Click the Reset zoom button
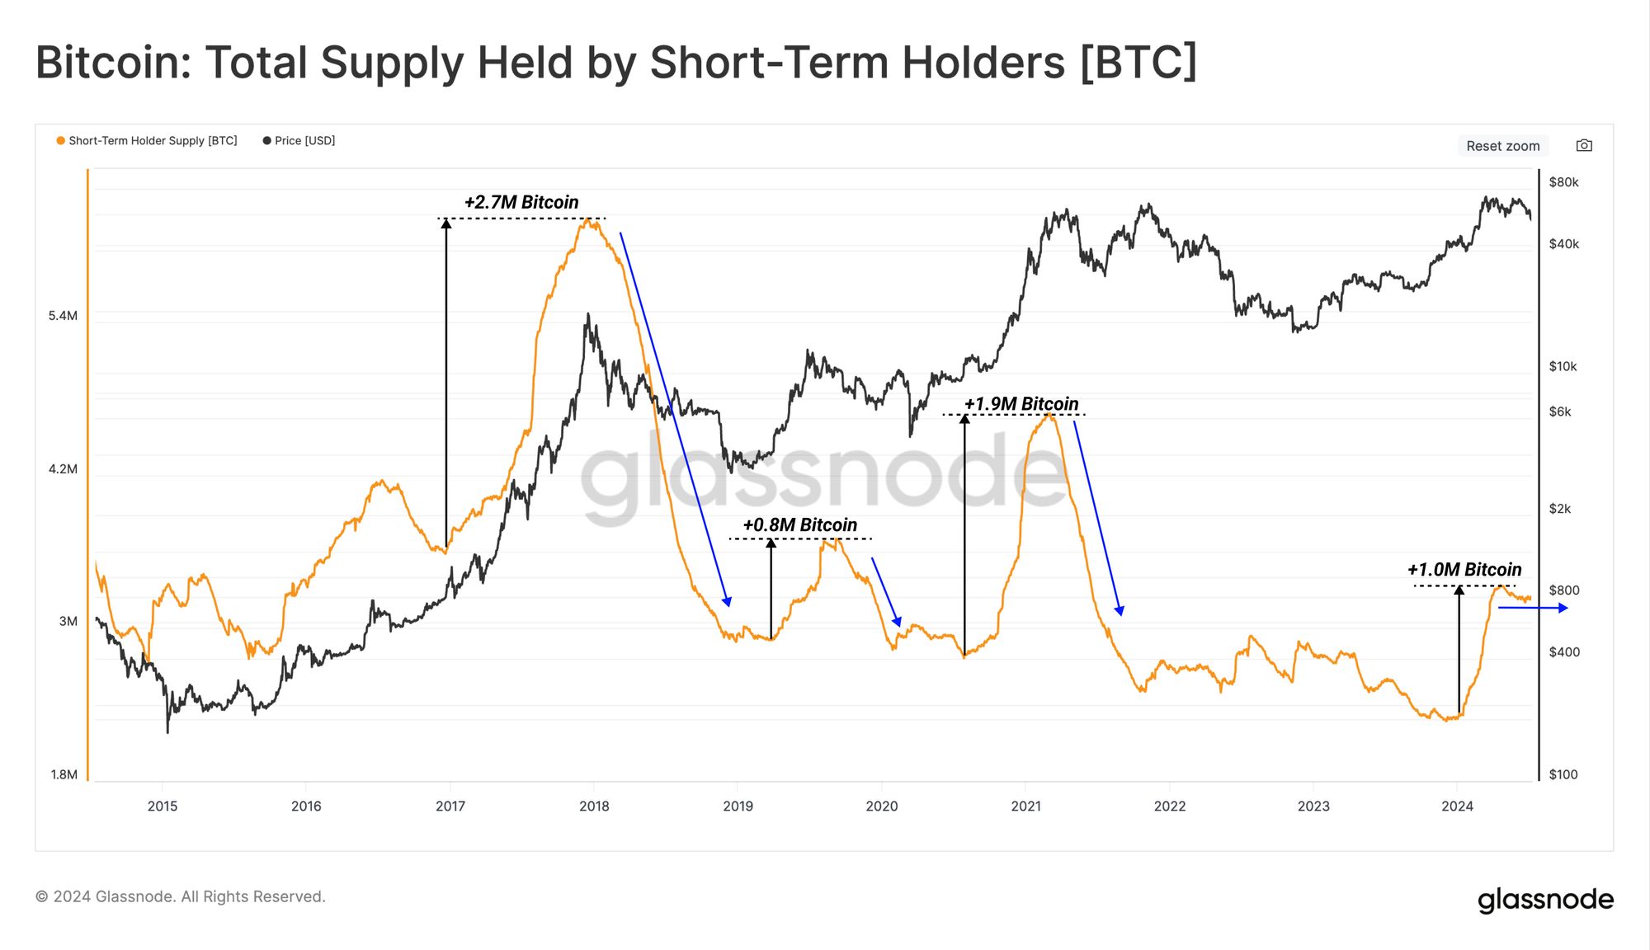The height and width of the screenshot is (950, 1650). [x=1502, y=146]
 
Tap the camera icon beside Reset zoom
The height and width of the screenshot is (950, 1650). [x=1584, y=145]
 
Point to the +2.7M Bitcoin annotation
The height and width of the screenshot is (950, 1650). [x=521, y=202]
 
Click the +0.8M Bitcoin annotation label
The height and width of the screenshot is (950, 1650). [x=799, y=525]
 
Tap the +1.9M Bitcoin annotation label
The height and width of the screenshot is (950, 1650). [x=1021, y=404]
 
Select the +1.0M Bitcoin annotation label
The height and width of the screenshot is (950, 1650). [x=1464, y=570]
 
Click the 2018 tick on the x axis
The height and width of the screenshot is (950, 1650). [x=594, y=806]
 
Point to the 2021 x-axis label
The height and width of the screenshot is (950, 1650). [x=1025, y=806]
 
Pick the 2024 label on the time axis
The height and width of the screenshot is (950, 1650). [x=1457, y=806]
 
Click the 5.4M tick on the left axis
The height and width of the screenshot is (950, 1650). [x=63, y=316]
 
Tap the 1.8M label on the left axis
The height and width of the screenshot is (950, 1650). [x=64, y=774]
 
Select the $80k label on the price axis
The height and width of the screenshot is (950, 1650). [x=1563, y=182]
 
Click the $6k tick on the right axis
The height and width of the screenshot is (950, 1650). [x=1559, y=412]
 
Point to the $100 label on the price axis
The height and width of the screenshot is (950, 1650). [x=1563, y=774]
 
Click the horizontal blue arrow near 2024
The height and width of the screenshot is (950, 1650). [x=1532, y=608]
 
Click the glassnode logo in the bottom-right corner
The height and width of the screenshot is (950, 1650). [x=1544, y=900]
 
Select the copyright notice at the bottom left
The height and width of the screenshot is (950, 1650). [x=181, y=896]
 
